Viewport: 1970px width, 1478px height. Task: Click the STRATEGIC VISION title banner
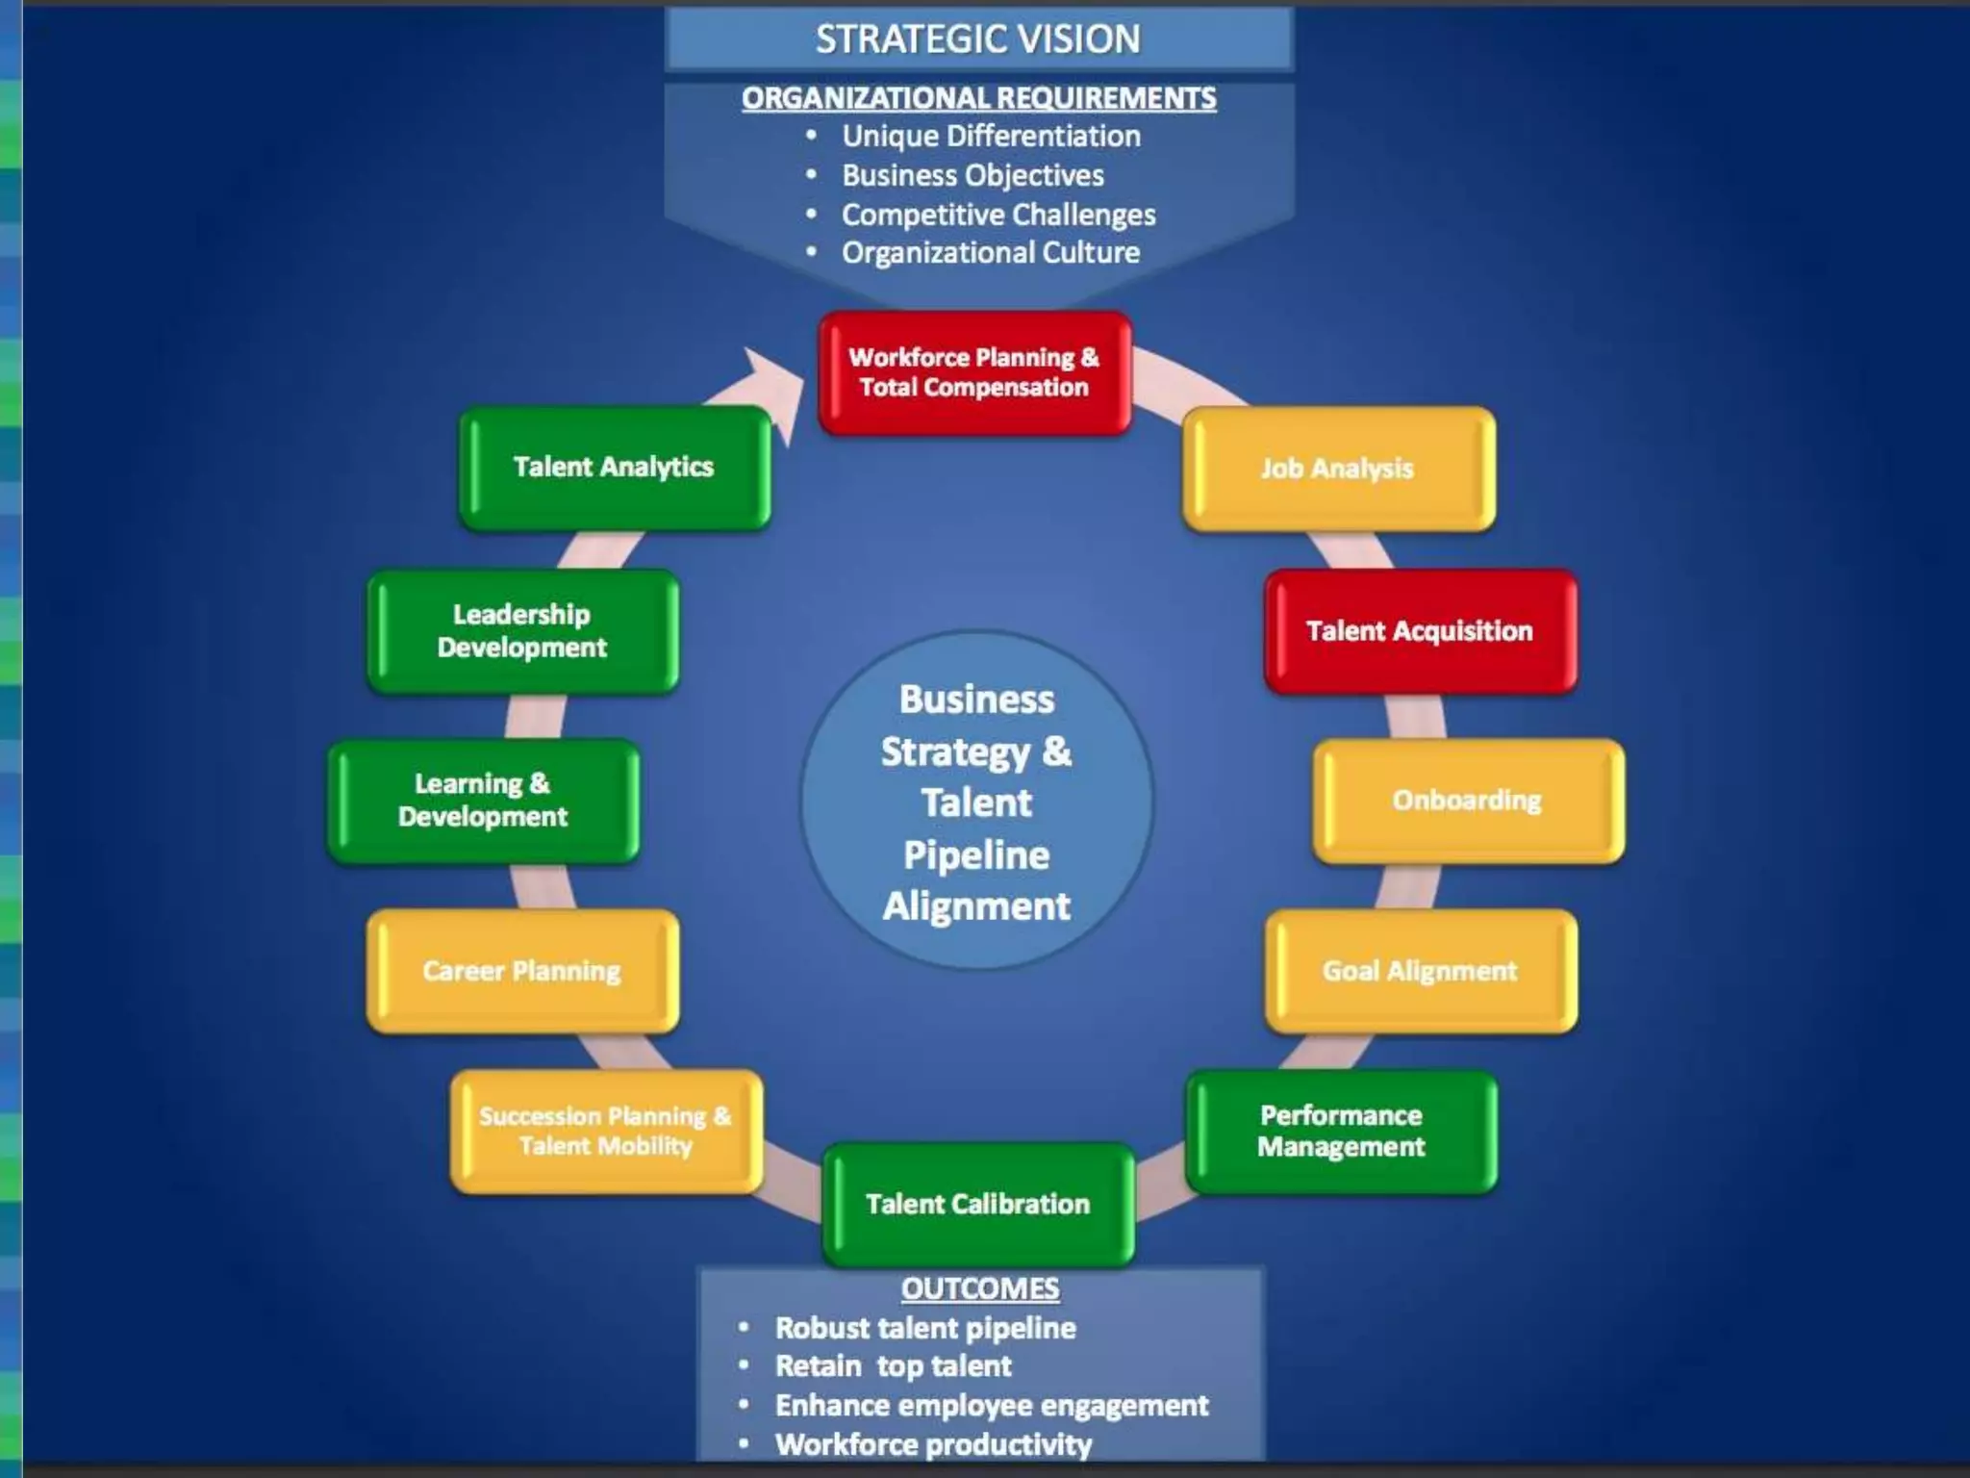(978, 39)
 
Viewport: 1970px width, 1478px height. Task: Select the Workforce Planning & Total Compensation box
(974, 372)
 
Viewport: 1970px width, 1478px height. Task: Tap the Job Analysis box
(1338, 469)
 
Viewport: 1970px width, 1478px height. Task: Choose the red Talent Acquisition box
(1420, 631)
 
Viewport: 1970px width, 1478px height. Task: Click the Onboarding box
(1468, 801)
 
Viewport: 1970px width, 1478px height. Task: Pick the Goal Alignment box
(1420, 971)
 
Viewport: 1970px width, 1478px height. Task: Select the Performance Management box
(1341, 1132)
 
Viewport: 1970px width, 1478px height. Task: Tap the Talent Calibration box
(978, 1204)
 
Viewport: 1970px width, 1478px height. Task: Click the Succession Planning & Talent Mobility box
(606, 1132)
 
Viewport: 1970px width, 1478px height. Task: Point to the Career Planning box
(522, 971)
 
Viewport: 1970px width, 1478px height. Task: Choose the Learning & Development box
(483, 801)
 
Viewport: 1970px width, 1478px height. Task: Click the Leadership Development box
(522, 631)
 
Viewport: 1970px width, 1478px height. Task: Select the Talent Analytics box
(614, 468)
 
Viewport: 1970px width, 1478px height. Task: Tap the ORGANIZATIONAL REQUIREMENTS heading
(978, 98)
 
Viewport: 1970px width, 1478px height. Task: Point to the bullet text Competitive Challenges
(998, 215)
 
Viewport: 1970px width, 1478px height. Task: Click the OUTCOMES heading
(980, 1288)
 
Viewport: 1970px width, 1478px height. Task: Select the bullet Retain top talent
(894, 1366)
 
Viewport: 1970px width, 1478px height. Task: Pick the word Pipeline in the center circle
(976, 855)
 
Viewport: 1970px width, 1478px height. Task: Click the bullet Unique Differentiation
(991, 137)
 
